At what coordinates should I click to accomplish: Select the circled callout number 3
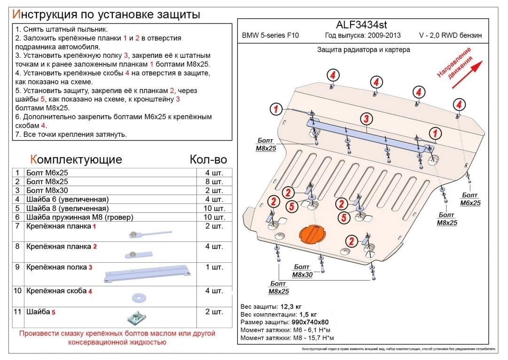[367, 118]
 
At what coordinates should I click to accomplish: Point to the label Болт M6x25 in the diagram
[470, 199]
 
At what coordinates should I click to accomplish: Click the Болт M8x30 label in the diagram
[302, 271]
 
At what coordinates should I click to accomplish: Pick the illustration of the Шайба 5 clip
[135, 318]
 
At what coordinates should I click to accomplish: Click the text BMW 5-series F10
[270, 36]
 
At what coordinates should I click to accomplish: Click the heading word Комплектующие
[76, 159]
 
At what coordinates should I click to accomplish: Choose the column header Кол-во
[208, 159]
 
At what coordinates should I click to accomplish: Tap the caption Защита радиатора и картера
[363, 50]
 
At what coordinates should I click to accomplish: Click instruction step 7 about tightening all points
[71, 135]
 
